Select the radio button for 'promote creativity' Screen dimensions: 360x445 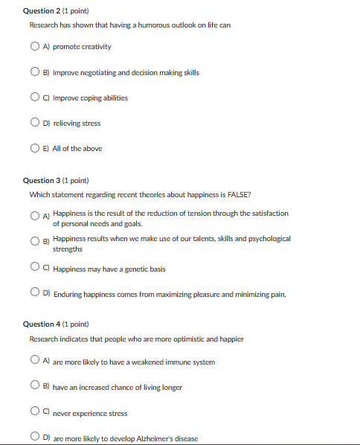[x=35, y=47]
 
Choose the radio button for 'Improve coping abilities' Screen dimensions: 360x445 [x=35, y=97]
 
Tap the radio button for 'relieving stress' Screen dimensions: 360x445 [x=35, y=123]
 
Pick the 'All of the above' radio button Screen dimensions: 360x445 [x=35, y=148]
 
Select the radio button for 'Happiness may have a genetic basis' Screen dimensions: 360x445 [x=35, y=268]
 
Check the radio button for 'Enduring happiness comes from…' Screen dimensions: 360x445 [x=35, y=294]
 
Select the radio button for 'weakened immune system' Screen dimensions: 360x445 [x=35, y=362]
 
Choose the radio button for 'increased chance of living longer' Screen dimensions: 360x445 [x=35, y=387]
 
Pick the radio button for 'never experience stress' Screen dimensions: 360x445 [x=35, y=412]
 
